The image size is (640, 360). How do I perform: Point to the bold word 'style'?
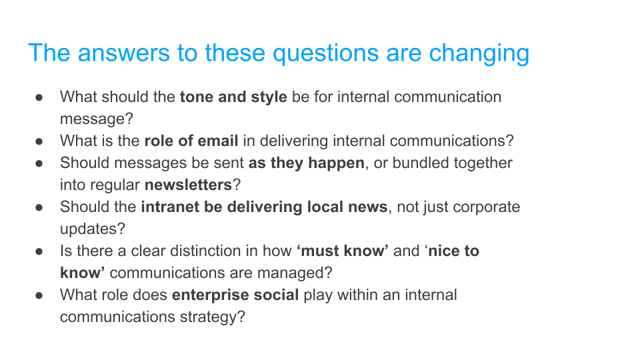point(269,97)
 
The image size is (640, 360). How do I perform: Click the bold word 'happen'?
point(336,163)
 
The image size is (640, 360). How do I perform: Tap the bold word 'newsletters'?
point(188,185)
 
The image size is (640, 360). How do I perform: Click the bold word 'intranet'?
point(170,207)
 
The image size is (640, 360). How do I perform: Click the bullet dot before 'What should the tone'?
point(40,97)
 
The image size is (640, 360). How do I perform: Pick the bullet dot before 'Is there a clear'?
point(40,251)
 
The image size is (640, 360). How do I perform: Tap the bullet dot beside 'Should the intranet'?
point(40,207)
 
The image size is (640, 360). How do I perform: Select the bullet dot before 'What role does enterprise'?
point(40,295)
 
